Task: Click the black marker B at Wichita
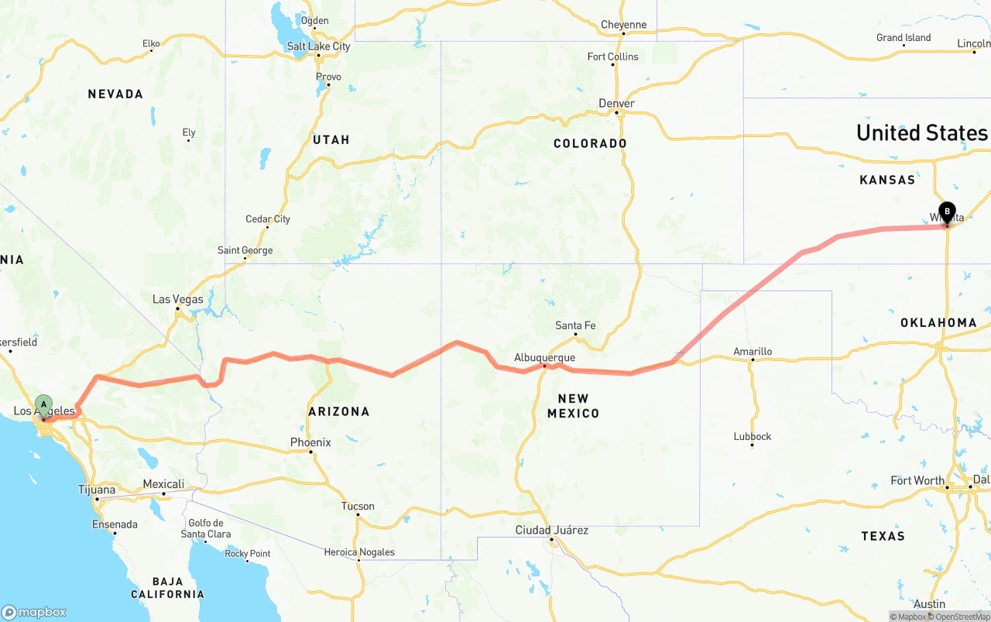pos(946,211)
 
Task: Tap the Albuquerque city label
pos(545,358)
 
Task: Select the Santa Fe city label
pos(575,325)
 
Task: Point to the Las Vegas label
pos(178,300)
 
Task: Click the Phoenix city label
pos(310,442)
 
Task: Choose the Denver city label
pos(616,103)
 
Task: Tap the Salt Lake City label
pos(318,46)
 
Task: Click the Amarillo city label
pos(753,352)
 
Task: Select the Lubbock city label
pos(753,436)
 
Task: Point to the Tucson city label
pos(358,507)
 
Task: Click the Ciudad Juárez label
pos(552,531)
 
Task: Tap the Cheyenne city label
pos(623,25)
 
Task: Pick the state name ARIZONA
pos(338,412)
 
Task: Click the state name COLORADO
pos(590,143)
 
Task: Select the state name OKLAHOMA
pos(938,322)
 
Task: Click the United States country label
pos(921,132)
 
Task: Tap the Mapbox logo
pos(34,612)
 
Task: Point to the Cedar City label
pos(268,219)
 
